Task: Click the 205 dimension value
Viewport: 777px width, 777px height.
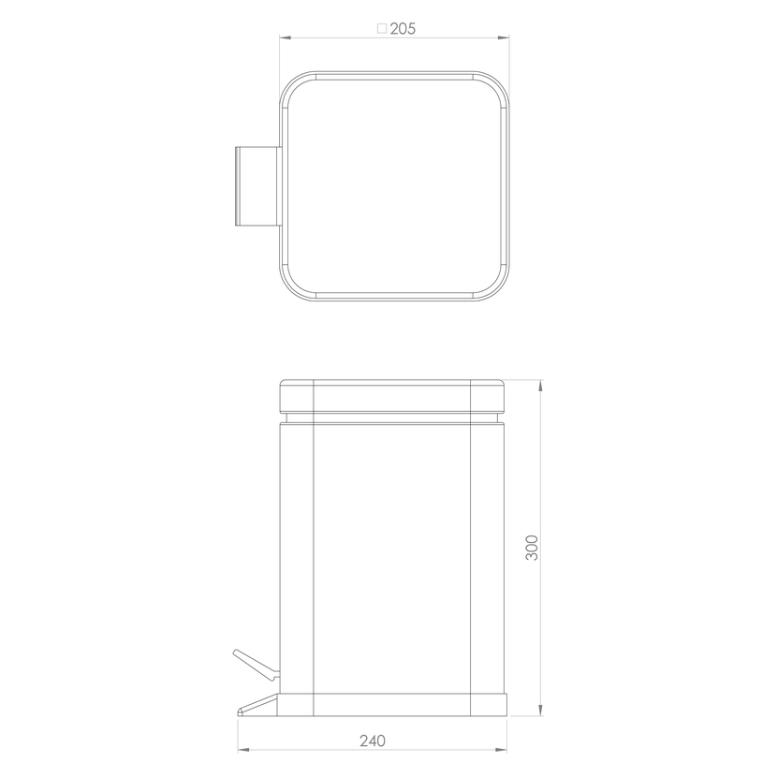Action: pos(403,29)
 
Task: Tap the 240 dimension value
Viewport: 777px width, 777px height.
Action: pos(373,740)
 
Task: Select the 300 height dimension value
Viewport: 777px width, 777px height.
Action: pos(531,547)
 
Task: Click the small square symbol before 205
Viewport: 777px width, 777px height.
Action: pos(382,28)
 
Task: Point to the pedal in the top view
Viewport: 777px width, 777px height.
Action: pos(257,186)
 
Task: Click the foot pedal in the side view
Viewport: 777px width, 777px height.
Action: pos(257,705)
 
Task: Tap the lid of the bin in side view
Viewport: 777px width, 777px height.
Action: pos(393,395)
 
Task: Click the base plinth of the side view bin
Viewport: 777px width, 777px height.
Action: pos(392,705)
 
